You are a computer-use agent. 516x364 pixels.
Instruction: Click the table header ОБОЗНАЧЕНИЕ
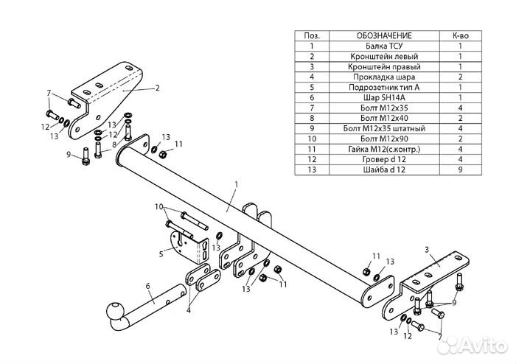(x=384, y=35)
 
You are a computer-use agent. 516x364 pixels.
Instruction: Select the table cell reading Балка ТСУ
(x=384, y=46)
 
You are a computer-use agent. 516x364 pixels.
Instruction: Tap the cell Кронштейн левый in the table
(x=384, y=56)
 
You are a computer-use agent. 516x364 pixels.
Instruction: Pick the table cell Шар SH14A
(x=384, y=98)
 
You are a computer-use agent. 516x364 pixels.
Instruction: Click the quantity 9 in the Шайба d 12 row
(x=461, y=169)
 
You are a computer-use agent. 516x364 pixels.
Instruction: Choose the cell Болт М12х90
(x=384, y=139)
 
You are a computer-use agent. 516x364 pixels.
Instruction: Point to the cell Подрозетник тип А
(x=384, y=87)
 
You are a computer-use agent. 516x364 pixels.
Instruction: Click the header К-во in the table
(x=461, y=35)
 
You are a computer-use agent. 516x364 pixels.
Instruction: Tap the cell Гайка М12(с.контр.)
(x=384, y=149)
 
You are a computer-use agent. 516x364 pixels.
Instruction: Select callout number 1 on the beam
(x=236, y=184)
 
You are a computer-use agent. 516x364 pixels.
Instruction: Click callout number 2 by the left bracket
(x=157, y=88)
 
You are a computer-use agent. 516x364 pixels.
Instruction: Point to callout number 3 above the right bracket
(x=427, y=250)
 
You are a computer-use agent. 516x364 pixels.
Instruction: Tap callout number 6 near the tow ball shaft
(x=147, y=286)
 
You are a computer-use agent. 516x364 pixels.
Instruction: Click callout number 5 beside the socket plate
(x=161, y=254)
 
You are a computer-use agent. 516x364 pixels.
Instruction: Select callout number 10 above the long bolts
(x=159, y=207)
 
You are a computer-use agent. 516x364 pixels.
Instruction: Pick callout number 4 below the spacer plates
(x=189, y=310)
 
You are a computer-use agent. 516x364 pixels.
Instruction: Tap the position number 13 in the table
(x=312, y=169)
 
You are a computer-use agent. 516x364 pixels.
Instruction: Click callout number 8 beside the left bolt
(x=114, y=144)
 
